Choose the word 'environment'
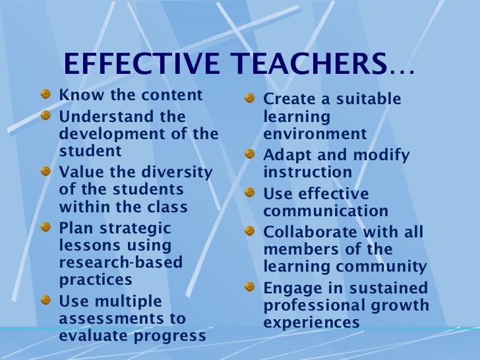(x=315, y=135)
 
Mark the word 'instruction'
(x=307, y=173)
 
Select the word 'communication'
(x=326, y=212)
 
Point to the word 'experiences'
(x=312, y=323)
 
